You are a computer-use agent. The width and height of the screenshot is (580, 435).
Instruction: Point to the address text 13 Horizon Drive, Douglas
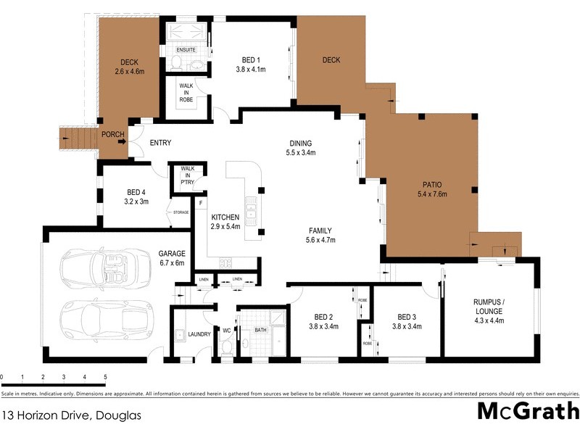(x=70, y=416)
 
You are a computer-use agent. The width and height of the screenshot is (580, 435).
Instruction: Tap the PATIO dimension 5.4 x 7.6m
(x=433, y=194)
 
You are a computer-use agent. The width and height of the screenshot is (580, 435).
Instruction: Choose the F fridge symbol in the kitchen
(x=201, y=204)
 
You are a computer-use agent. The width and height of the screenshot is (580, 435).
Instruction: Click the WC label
(x=226, y=331)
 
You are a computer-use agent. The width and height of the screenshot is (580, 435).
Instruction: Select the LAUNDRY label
(x=199, y=334)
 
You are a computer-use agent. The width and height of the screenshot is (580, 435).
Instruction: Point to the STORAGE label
(x=180, y=212)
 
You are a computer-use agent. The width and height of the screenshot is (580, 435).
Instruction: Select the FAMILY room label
(x=320, y=231)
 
